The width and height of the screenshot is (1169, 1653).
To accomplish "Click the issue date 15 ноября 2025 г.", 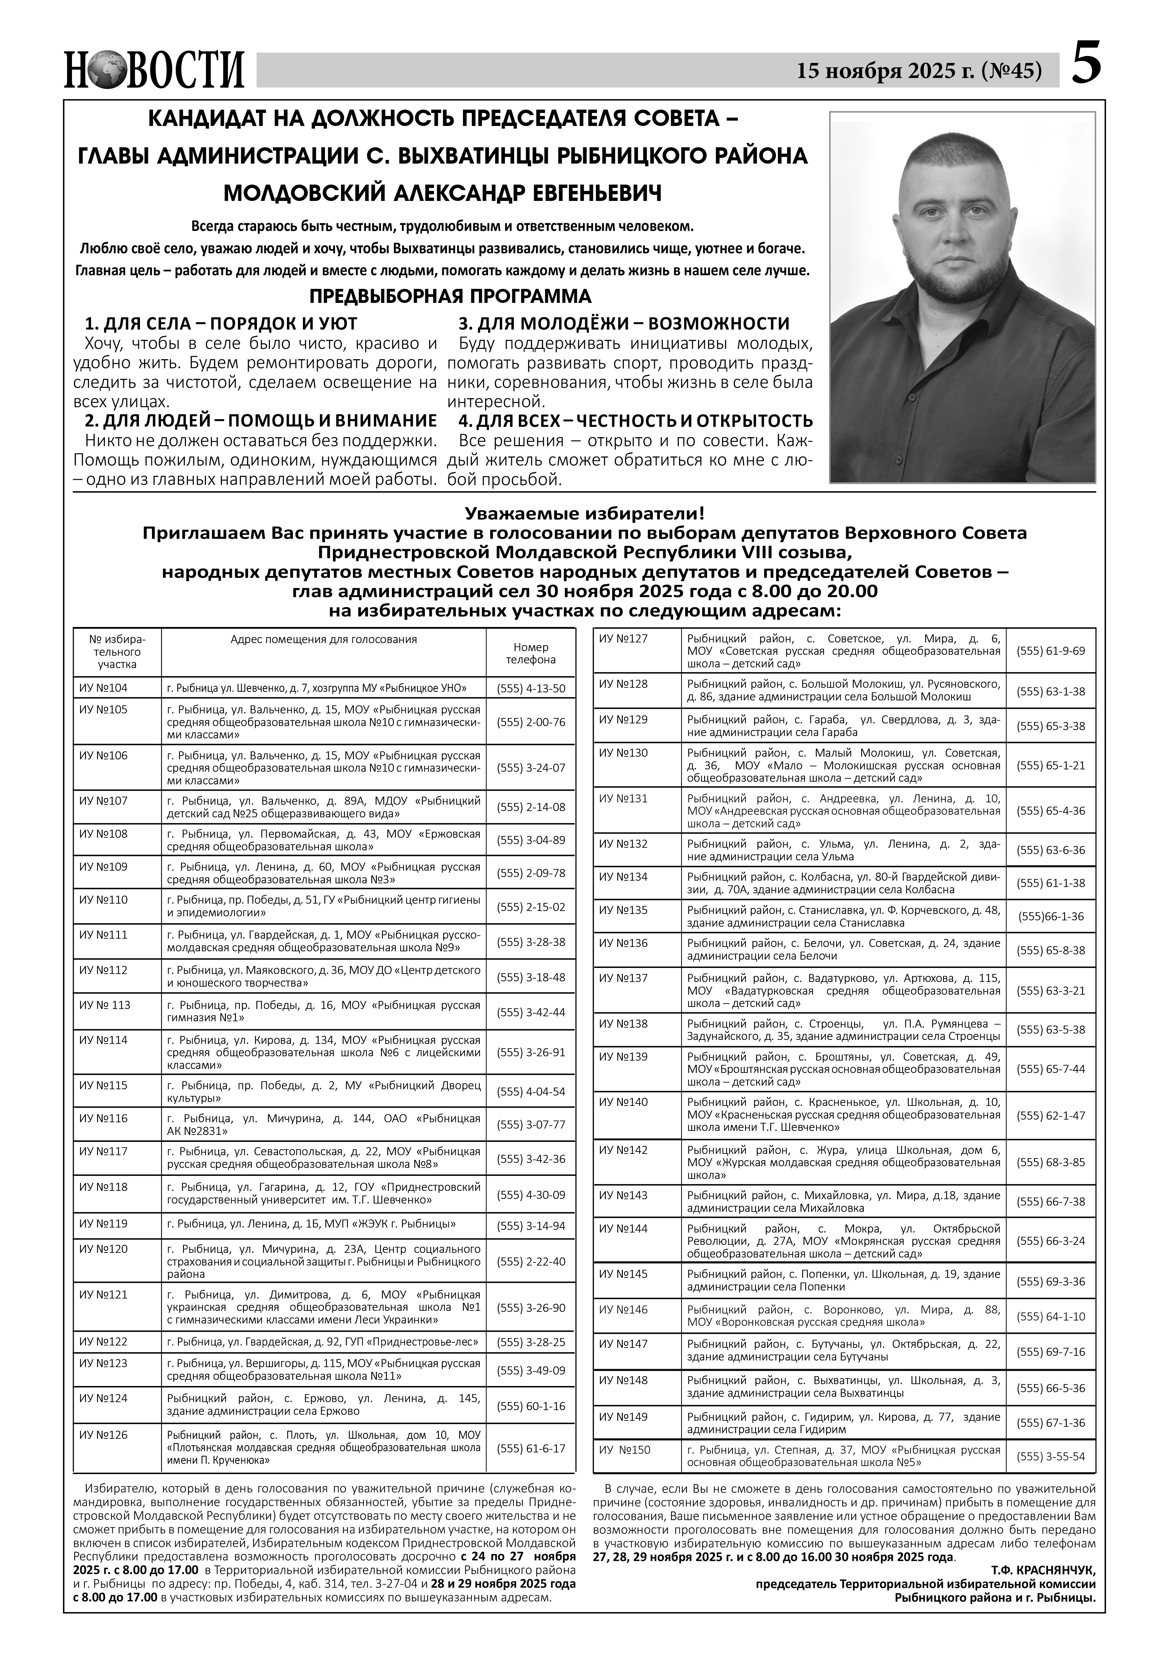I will [x=885, y=71].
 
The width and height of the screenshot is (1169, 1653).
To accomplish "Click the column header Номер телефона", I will [x=531, y=653].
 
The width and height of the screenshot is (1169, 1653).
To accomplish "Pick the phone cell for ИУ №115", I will [x=531, y=1092].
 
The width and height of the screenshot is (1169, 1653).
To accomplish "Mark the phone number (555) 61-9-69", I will [x=1050, y=650].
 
